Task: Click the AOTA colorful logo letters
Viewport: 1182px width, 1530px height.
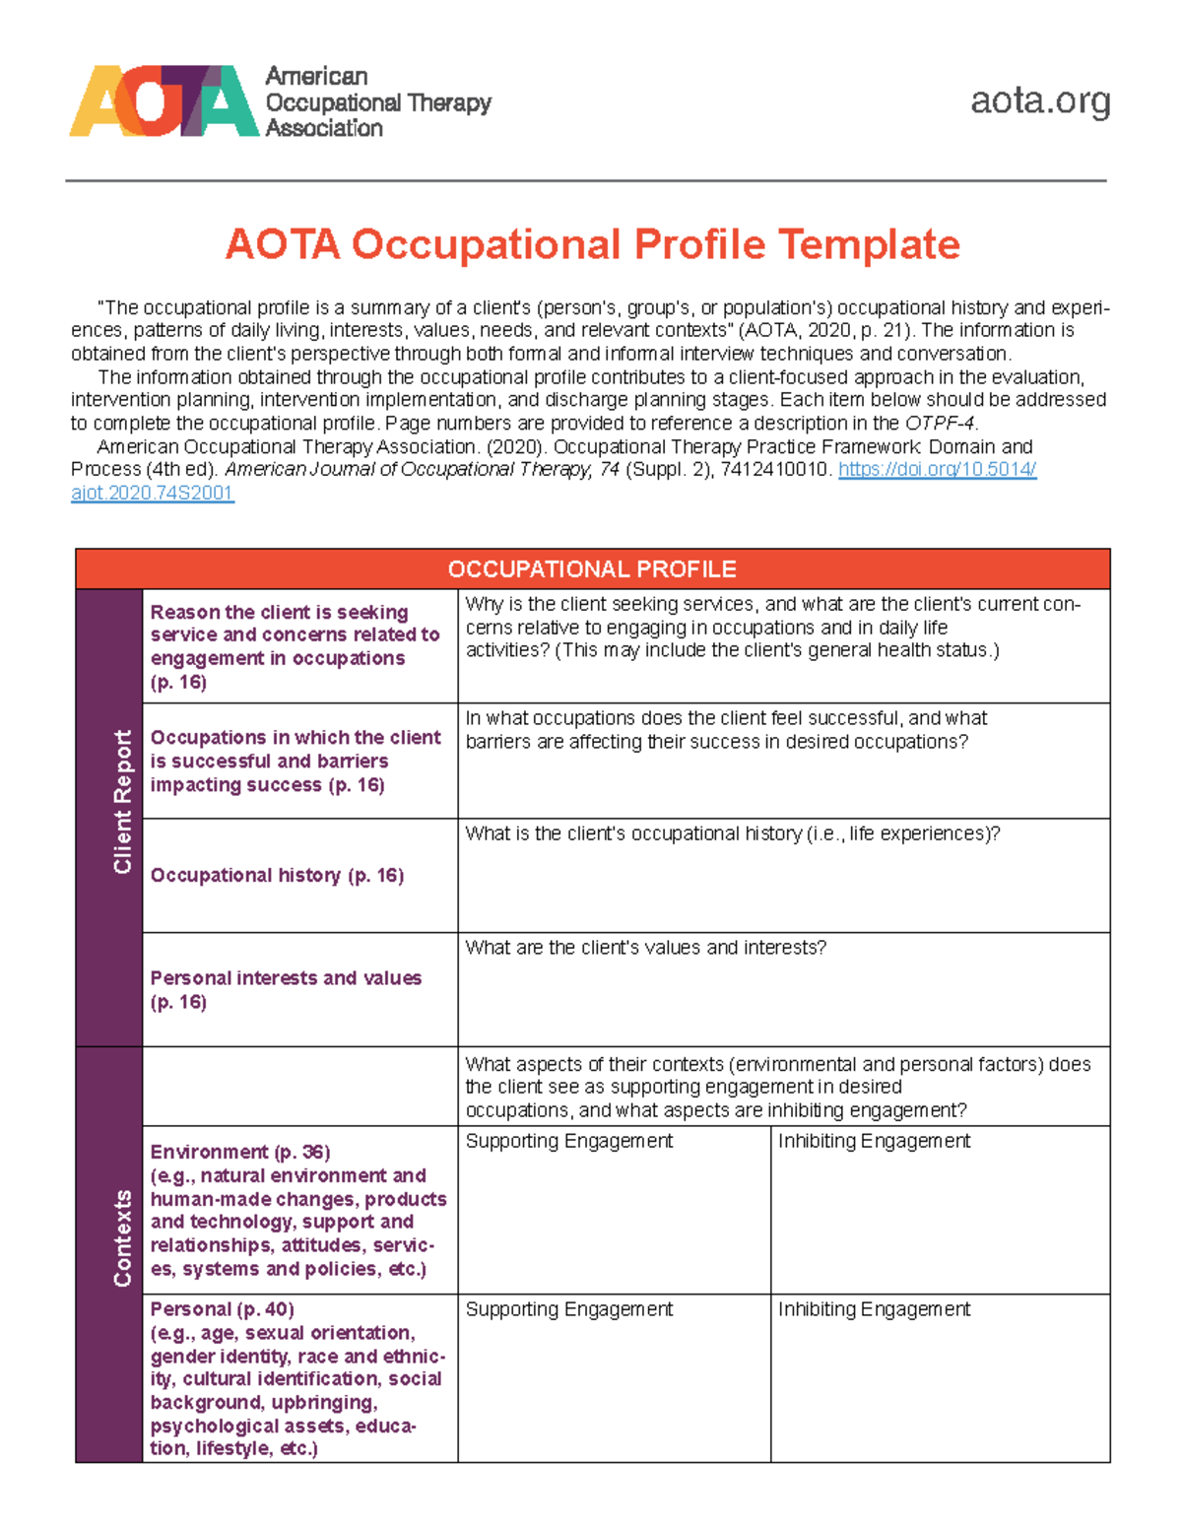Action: pyautogui.click(x=164, y=101)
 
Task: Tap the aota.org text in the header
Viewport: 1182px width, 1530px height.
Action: pyautogui.click(x=1039, y=100)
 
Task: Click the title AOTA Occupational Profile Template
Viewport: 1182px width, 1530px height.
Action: pyautogui.click(x=592, y=244)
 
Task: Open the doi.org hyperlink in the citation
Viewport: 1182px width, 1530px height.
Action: pyautogui.click(x=937, y=470)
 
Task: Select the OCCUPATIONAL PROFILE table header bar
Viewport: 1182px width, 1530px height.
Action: pyautogui.click(x=592, y=569)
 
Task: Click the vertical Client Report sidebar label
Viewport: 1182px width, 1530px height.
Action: pyautogui.click(x=122, y=802)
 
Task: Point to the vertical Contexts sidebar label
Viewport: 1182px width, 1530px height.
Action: pyautogui.click(x=122, y=1237)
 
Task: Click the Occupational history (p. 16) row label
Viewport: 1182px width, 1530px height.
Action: pyautogui.click(x=277, y=875)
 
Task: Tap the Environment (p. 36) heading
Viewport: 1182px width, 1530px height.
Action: pyautogui.click(x=240, y=1152)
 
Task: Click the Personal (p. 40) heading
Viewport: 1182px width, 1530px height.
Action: pyautogui.click(x=222, y=1309)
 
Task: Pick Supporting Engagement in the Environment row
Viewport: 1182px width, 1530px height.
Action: pyautogui.click(x=568, y=1141)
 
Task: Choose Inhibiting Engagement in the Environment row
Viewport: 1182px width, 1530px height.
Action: pyautogui.click(x=874, y=1141)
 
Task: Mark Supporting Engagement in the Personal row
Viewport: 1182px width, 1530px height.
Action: pyautogui.click(x=568, y=1309)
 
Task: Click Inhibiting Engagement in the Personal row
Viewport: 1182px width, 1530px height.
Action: pyautogui.click(x=874, y=1309)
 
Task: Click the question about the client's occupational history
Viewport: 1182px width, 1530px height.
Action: pyautogui.click(x=732, y=833)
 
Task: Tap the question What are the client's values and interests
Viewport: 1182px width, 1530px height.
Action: pyautogui.click(x=645, y=948)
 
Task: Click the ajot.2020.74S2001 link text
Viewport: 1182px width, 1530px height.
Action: pyautogui.click(x=152, y=494)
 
